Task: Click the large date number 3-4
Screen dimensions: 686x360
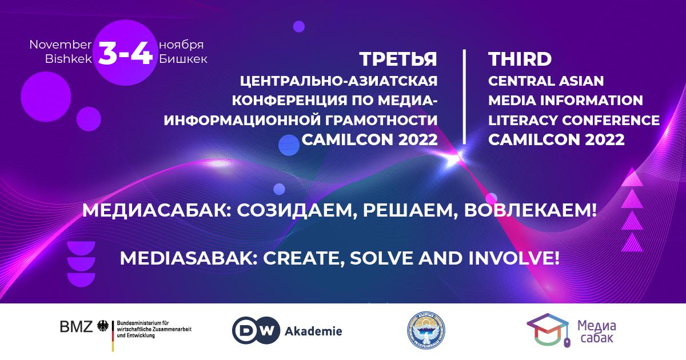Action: tap(125, 53)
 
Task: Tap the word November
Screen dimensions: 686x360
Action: tap(61, 45)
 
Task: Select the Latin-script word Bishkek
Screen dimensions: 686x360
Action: tap(68, 59)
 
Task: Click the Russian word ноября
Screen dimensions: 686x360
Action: tap(181, 45)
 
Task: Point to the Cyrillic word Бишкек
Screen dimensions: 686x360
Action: tap(183, 59)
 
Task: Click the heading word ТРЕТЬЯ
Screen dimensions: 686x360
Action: tap(398, 59)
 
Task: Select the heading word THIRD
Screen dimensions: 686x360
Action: tap(520, 59)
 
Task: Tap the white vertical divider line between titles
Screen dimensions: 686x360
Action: tap(464, 97)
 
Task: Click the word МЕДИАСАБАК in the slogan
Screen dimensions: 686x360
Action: tap(155, 210)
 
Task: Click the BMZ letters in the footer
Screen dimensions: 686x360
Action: tap(76, 327)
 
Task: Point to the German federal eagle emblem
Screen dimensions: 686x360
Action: tap(102, 326)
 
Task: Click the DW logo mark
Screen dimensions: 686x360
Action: tap(256, 331)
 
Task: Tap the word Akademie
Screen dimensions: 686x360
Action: tap(313, 331)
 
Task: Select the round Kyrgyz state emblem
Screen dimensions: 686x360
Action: tap(426, 331)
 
